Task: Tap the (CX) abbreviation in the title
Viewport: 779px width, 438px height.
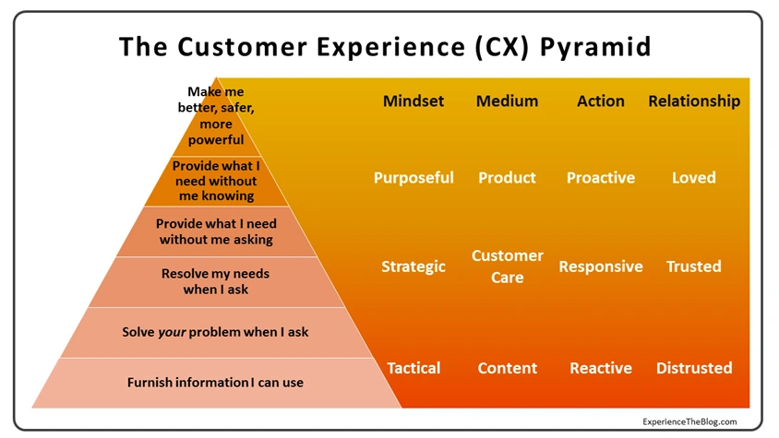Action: (490, 46)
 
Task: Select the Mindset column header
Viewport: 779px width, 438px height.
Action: (413, 101)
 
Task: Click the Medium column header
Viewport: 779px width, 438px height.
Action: (507, 101)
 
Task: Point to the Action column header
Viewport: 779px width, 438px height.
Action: (600, 101)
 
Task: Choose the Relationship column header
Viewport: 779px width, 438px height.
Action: (694, 101)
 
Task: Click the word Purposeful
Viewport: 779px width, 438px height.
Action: (413, 178)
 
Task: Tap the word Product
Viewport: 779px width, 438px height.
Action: (507, 178)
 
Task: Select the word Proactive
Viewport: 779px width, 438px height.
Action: (600, 178)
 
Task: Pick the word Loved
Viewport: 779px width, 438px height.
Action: (694, 178)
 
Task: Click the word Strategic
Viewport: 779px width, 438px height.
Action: (413, 266)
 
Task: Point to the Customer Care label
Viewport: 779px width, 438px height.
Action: (507, 266)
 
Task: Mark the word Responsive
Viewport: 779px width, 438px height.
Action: (600, 266)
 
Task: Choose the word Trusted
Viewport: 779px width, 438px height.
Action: (694, 266)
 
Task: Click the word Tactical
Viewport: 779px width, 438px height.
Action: (413, 368)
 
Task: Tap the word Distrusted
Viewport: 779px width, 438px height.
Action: (694, 368)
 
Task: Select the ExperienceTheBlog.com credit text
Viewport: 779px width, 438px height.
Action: (690, 421)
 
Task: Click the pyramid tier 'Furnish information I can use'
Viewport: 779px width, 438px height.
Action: (215, 383)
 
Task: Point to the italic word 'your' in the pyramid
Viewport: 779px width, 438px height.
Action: (173, 332)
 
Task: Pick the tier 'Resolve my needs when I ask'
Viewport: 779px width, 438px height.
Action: (216, 281)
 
